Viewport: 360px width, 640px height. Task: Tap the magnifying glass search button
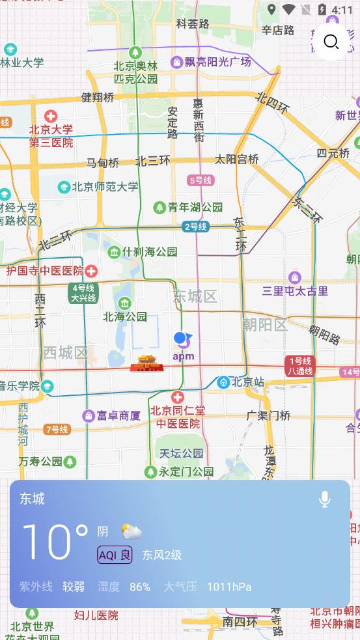point(331,42)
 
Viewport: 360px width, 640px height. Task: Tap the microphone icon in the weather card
point(324,499)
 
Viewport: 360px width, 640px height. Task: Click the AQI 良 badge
point(115,555)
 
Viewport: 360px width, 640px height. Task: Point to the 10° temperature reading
point(55,542)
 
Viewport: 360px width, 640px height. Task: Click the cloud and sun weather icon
point(132,532)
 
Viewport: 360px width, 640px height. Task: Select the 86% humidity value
point(140,587)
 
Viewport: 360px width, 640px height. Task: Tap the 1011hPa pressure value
point(228,587)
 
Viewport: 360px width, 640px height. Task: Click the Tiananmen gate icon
point(145,363)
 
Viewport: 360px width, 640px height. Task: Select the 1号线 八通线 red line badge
point(299,366)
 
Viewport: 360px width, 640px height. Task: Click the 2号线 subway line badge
point(195,227)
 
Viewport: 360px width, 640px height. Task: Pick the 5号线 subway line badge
point(200,180)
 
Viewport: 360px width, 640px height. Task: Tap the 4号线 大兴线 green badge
point(83,293)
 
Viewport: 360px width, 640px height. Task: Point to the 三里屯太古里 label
point(295,291)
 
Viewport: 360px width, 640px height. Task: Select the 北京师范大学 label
point(105,187)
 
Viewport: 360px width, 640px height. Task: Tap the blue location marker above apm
point(182,339)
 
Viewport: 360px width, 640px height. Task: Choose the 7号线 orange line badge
point(57,429)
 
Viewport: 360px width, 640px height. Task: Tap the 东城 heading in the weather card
point(33,499)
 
